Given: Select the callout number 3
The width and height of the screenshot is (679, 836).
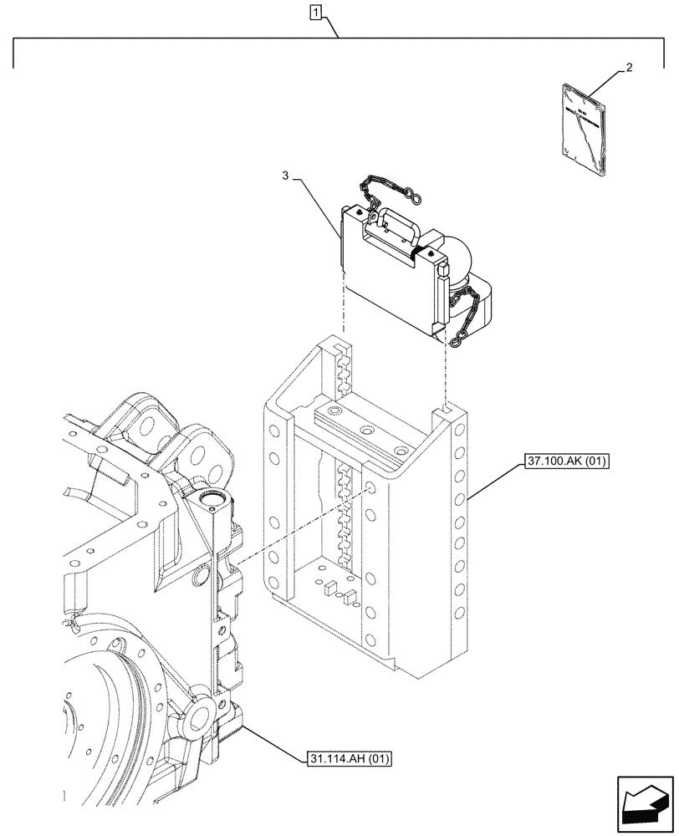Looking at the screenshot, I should [286, 176].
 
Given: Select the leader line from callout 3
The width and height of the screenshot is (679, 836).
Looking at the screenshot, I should [318, 209].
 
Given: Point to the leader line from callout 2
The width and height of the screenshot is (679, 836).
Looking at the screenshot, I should [604, 84].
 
